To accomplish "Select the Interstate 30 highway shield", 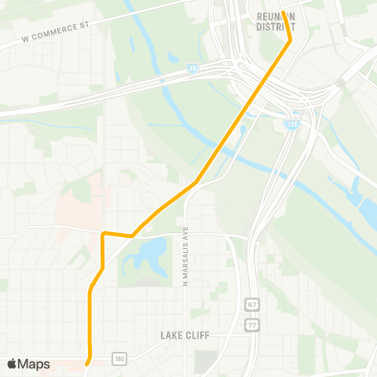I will pos(192,70).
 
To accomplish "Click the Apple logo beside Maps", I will pos(13,364).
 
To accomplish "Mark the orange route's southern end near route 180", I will pos(88,363).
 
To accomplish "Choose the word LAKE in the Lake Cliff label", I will pos(170,335).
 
